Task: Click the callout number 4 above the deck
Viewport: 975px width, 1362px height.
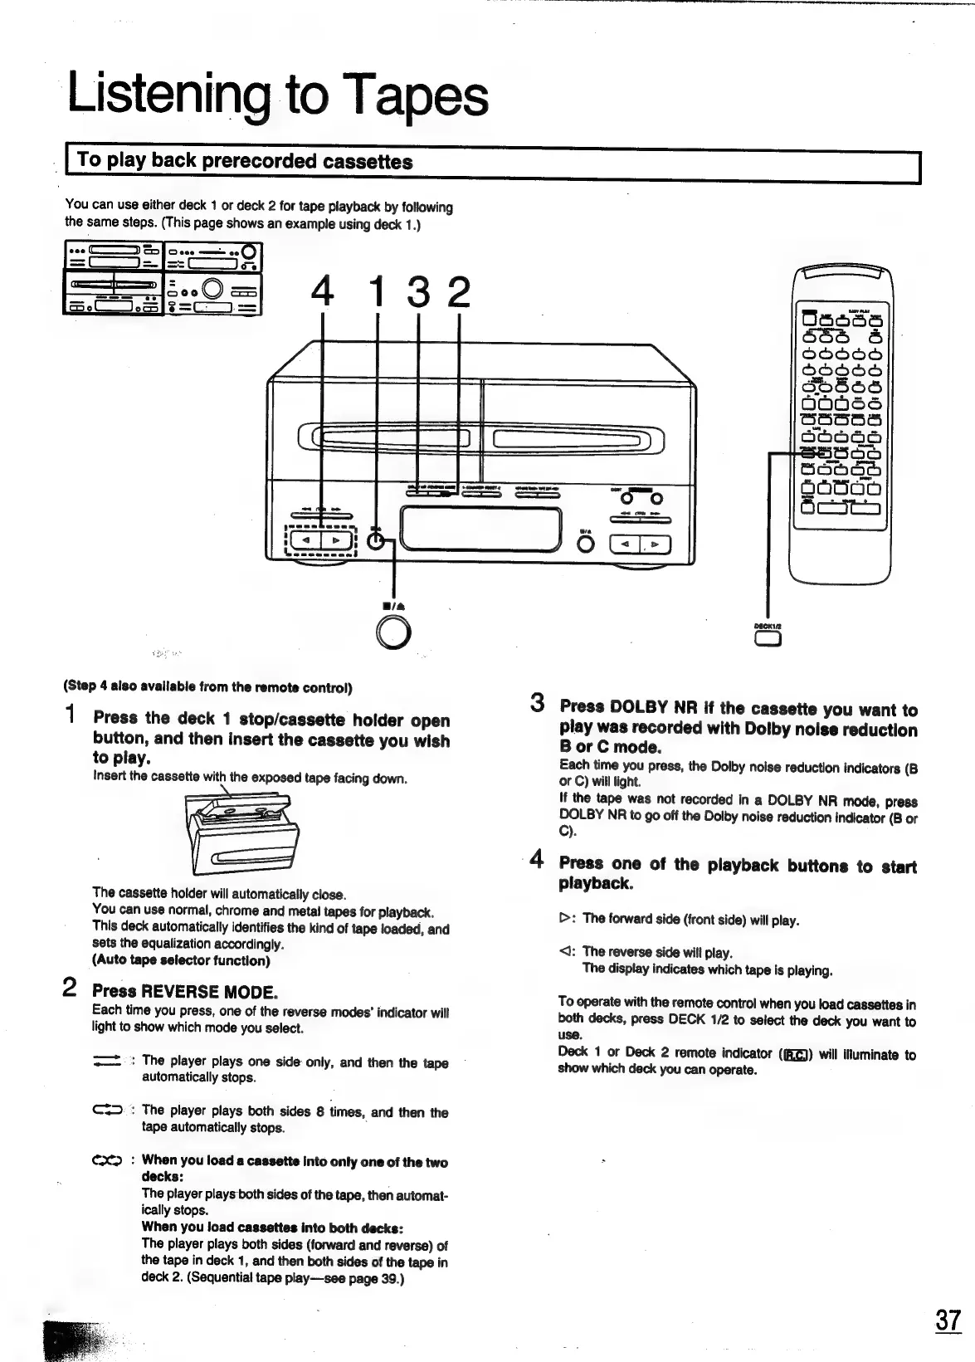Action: [323, 292]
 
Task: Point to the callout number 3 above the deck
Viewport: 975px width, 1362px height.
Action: [419, 292]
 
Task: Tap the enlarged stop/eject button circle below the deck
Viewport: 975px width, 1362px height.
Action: [392, 634]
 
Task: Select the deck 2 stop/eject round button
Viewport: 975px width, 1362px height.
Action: [586, 544]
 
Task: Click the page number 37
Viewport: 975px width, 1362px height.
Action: [947, 1320]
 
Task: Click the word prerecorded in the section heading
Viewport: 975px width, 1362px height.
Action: [260, 161]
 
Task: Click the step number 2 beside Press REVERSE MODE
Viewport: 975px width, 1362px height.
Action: [71, 989]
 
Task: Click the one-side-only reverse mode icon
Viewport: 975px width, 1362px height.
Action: [108, 1062]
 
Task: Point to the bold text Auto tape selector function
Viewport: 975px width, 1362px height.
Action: [181, 960]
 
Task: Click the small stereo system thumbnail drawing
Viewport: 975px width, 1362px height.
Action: [163, 278]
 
